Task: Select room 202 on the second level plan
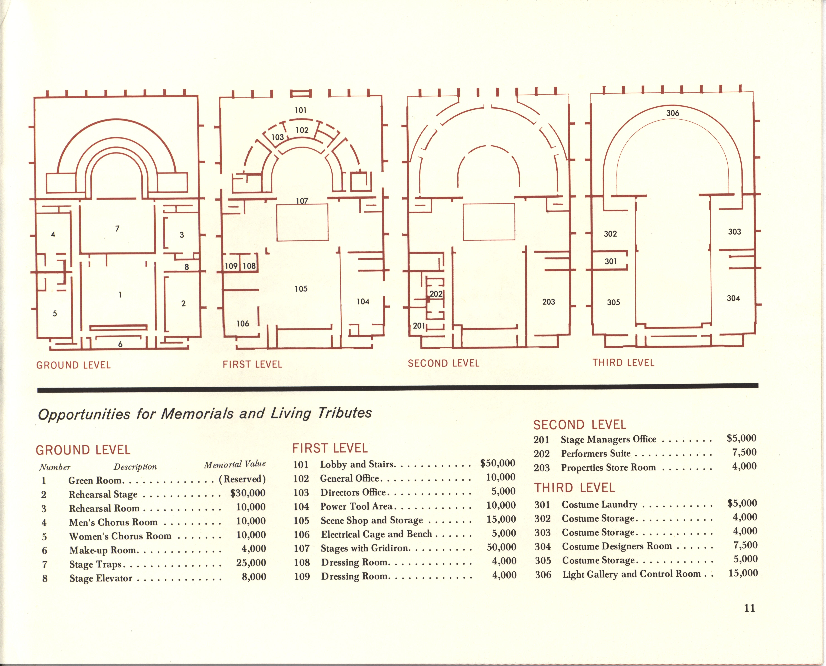[x=436, y=294]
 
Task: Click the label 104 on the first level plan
[x=363, y=302]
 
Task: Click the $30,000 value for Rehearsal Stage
[x=248, y=493]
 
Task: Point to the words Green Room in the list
[x=95, y=480]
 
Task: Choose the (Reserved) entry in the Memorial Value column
[x=242, y=479]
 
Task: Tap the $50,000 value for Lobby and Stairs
[x=497, y=463]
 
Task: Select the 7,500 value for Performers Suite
[x=744, y=452]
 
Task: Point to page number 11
[x=749, y=608]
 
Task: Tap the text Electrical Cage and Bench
[x=376, y=534]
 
